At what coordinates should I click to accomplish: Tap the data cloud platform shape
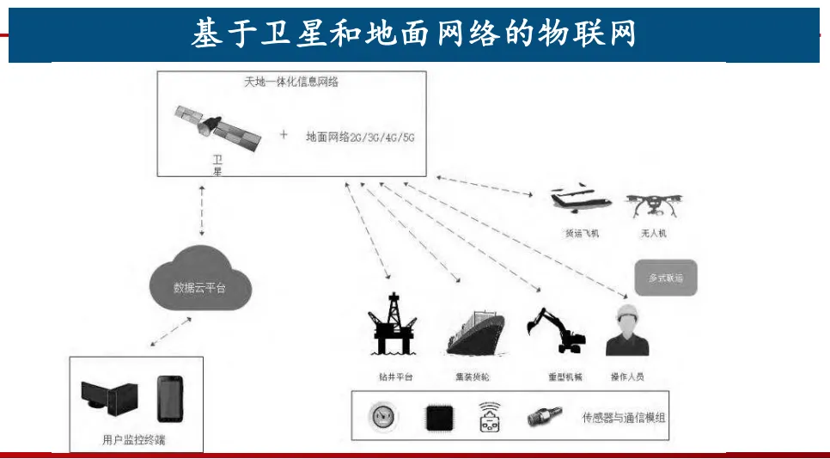[x=199, y=281]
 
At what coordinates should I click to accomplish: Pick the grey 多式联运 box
[x=665, y=278]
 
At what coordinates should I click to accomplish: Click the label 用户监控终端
[x=134, y=440]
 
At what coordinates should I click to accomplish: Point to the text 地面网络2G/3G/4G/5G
[x=360, y=137]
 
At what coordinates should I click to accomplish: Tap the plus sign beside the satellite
[x=284, y=135]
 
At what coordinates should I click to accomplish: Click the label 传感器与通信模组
[x=624, y=418]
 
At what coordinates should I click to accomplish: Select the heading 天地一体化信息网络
[x=291, y=83]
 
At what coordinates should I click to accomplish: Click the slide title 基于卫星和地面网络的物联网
[x=414, y=34]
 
